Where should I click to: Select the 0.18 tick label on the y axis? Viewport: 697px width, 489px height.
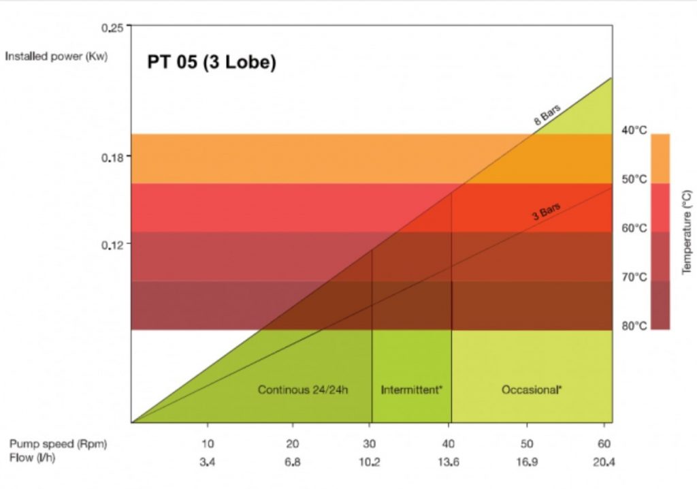pos(112,157)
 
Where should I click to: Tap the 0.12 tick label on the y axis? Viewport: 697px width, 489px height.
pos(112,245)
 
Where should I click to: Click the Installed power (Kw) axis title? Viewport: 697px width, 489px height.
pos(56,56)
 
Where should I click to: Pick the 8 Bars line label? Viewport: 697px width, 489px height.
pos(546,116)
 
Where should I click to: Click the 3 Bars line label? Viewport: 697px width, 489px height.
pos(546,212)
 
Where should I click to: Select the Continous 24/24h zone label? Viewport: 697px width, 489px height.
pos(303,390)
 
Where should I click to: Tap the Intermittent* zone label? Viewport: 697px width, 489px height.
pos(411,390)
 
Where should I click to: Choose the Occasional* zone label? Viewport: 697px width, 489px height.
pos(532,390)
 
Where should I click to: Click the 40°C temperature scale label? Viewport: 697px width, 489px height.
pos(634,130)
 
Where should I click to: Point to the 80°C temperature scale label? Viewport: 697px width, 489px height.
pos(634,326)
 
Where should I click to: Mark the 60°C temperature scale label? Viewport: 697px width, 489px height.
pos(634,228)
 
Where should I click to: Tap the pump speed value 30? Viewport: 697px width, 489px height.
pos(369,443)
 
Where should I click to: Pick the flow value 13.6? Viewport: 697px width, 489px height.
pos(448,461)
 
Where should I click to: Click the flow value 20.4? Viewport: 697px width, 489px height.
pos(604,461)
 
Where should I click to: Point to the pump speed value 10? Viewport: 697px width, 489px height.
pos(208,443)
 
